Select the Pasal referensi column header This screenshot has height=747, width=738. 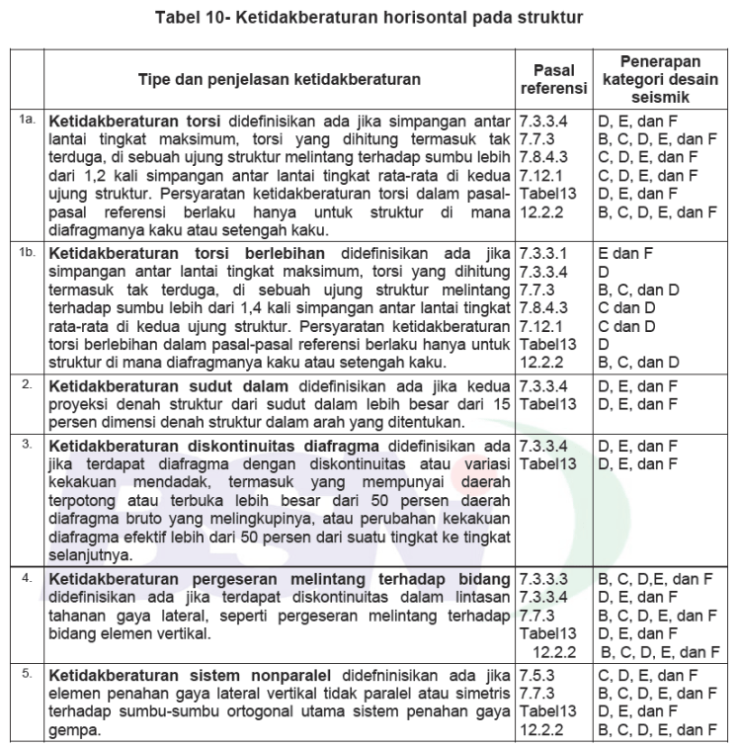click(x=554, y=80)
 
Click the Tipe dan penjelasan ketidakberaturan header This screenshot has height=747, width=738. click(x=280, y=80)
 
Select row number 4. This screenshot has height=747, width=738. click(x=28, y=574)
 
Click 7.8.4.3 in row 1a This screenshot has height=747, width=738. click(x=543, y=156)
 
